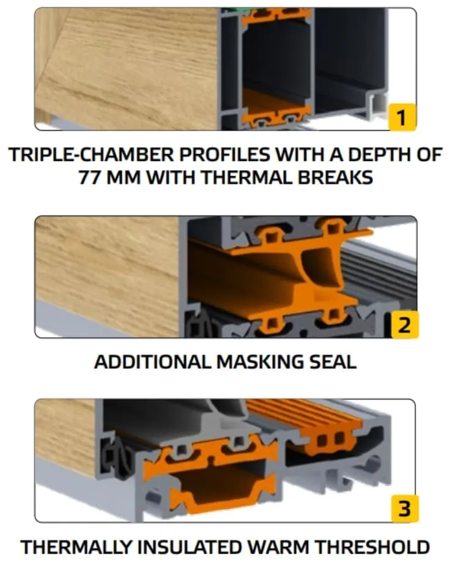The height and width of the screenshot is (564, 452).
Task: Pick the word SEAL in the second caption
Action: tap(333, 362)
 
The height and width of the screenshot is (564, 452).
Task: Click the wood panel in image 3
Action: tap(64, 434)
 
